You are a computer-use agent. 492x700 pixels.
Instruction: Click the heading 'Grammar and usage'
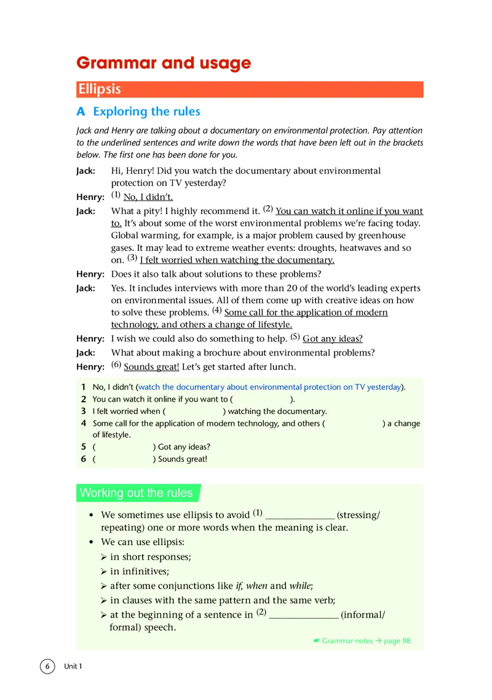click(x=163, y=63)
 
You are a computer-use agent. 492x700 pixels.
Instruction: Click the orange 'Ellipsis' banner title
click(x=99, y=89)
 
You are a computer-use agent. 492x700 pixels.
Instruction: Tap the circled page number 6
click(x=47, y=666)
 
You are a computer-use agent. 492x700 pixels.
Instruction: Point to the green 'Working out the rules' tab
click(x=137, y=493)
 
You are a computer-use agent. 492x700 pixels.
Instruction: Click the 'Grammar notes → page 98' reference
click(x=362, y=641)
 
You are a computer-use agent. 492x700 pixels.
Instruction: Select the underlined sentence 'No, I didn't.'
click(x=148, y=197)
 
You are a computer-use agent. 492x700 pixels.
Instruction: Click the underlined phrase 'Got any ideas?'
click(x=333, y=339)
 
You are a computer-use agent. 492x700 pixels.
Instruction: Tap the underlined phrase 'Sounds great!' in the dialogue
click(x=151, y=367)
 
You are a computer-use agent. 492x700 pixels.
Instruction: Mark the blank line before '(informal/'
click(x=304, y=615)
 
